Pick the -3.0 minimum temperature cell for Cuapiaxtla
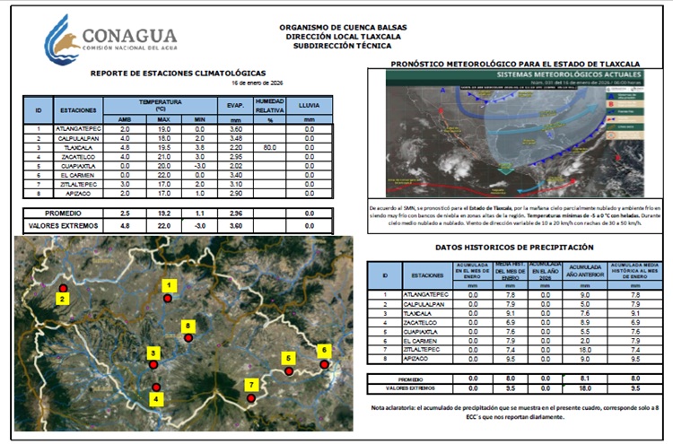click(200, 165)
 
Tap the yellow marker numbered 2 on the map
click(62, 298)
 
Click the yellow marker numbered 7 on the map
click(252, 385)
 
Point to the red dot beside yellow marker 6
click(324, 364)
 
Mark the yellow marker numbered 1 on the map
click(167, 284)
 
